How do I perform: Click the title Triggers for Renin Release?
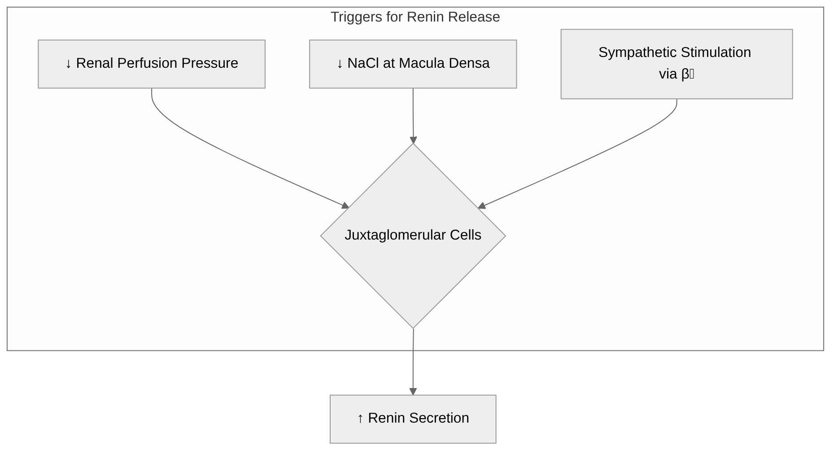(x=415, y=17)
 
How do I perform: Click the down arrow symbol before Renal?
(x=69, y=64)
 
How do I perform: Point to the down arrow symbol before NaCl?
(x=340, y=64)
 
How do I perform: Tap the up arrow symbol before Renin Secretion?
(x=360, y=419)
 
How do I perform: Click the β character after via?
(x=685, y=74)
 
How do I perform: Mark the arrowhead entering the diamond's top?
(x=413, y=140)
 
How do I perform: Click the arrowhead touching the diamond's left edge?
(x=345, y=205)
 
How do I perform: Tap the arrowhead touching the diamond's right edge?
(x=482, y=205)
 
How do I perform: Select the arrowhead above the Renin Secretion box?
(x=413, y=391)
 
